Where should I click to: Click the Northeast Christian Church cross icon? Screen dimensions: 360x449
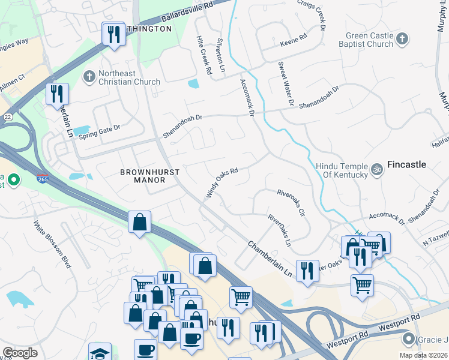pos(89,76)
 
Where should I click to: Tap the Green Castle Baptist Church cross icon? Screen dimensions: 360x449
pos(402,40)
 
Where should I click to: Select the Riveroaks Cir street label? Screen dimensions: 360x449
pos(291,203)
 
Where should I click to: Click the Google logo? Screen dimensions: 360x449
pos(20,352)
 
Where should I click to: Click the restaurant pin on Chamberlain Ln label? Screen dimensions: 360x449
pos(307,271)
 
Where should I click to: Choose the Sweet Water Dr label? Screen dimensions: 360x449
pos(285,84)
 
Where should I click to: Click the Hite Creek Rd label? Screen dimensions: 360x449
pos(204,55)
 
